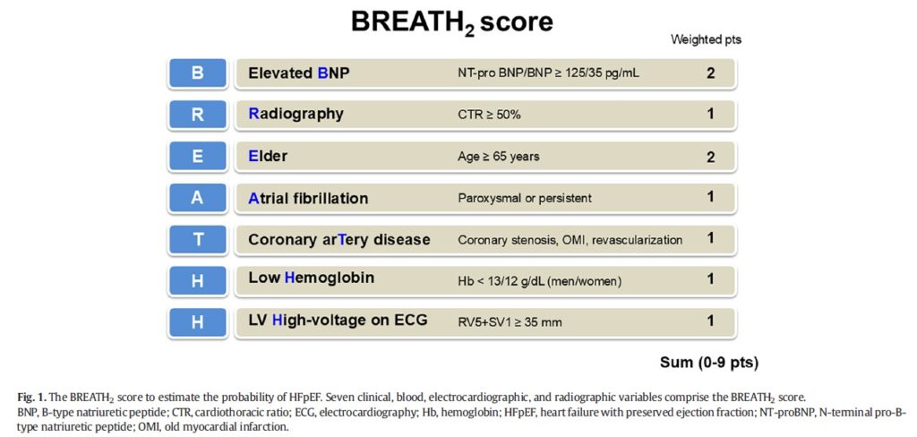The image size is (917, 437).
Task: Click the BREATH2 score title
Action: tap(451, 22)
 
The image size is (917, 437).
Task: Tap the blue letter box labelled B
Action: tap(197, 73)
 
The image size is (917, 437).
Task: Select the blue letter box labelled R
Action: tap(197, 115)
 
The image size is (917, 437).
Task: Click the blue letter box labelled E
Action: tap(197, 157)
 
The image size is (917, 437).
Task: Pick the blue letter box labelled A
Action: tap(197, 198)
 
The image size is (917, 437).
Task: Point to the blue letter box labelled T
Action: tap(197, 239)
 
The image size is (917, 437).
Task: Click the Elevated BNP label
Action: tap(299, 73)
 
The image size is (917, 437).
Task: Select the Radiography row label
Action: tap(296, 114)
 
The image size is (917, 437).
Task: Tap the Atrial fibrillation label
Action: tap(308, 198)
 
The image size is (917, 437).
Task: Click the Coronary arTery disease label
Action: tap(339, 240)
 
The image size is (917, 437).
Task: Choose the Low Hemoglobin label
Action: tap(311, 278)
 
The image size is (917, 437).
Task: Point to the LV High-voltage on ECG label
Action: tap(338, 320)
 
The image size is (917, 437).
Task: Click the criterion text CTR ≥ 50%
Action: tap(489, 116)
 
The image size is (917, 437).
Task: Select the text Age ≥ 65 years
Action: tap(498, 157)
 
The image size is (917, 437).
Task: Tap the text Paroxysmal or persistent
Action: tap(525, 198)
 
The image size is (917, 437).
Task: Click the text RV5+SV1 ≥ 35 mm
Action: tap(510, 321)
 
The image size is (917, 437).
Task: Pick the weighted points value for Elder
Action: tap(710, 157)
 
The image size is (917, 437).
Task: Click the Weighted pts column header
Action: tap(706, 40)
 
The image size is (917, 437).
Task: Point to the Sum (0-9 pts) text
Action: tap(709, 363)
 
